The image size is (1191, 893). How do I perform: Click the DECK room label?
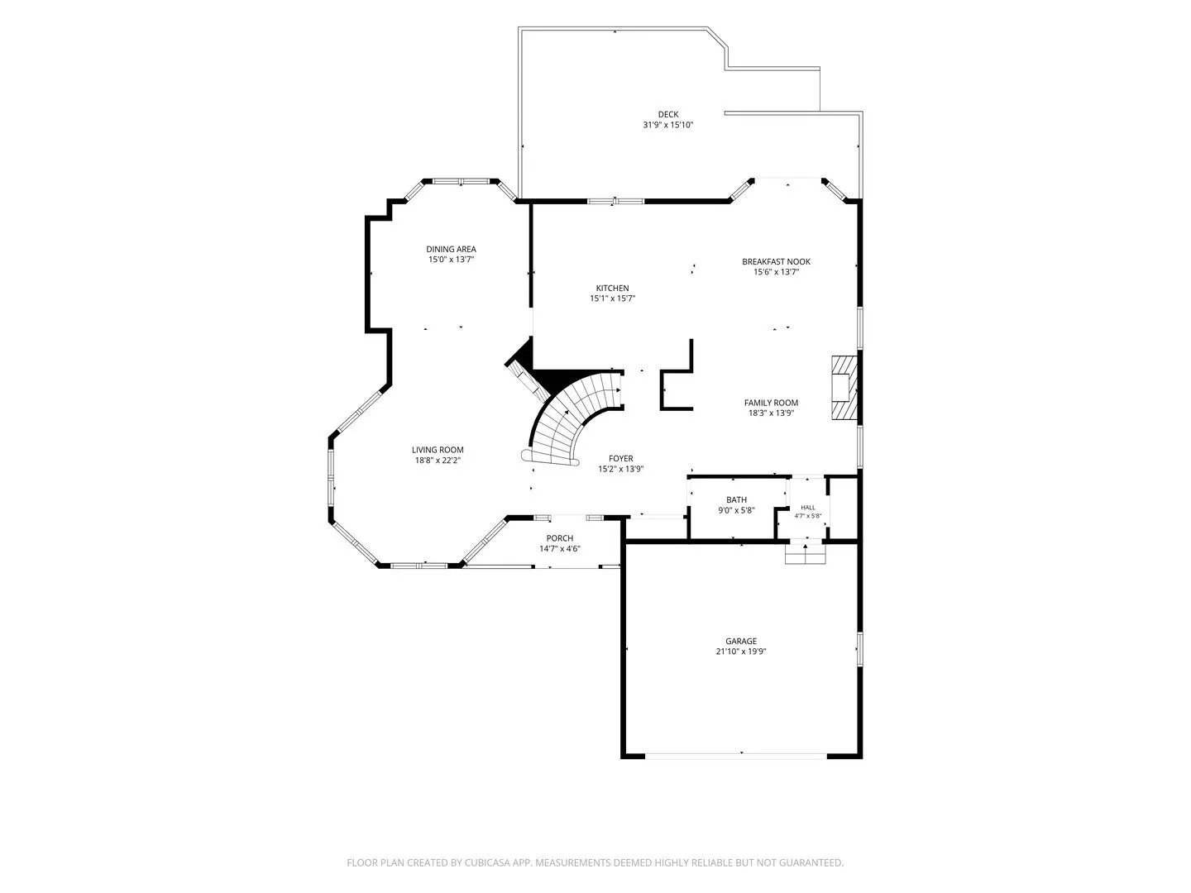pyautogui.click(x=668, y=114)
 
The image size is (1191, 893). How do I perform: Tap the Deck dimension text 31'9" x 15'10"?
pyautogui.click(x=668, y=125)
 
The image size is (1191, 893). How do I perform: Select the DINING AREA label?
pyautogui.click(x=451, y=250)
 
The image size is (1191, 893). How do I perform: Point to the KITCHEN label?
pyautogui.click(x=613, y=289)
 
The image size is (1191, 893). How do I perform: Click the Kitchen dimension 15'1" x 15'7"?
pyautogui.click(x=613, y=298)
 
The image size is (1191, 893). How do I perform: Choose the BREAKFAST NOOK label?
pyautogui.click(x=776, y=262)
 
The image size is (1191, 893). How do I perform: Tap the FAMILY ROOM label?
pyautogui.click(x=771, y=403)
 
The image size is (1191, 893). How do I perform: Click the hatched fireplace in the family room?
pyautogui.click(x=844, y=388)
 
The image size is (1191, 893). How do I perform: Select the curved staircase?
pyautogui.click(x=570, y=418)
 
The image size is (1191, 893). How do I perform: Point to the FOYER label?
pyautogui.click(x=621, y=459)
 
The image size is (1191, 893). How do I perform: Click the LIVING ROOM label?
pyautogui.click(x=438, y=450)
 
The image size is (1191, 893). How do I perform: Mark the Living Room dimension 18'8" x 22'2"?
pyautogui.click(x=438, y=461)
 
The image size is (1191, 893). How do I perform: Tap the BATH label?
pyautogui.click(x=736, y=500)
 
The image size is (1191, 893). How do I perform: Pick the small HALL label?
pyautogui.click(x=808, y=508)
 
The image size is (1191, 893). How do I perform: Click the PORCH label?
pyautogui.click(x=559, y=538)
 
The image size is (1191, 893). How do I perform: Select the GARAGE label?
pyautogui.click(x=740, y=642)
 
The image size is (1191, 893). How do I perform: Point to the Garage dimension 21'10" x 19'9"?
pyautogui.click(x=740, y=652)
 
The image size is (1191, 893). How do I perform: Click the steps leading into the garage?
pyautogui.click(x=806, y=554)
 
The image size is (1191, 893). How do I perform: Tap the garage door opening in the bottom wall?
pyautogui.click(x=736, y=756)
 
